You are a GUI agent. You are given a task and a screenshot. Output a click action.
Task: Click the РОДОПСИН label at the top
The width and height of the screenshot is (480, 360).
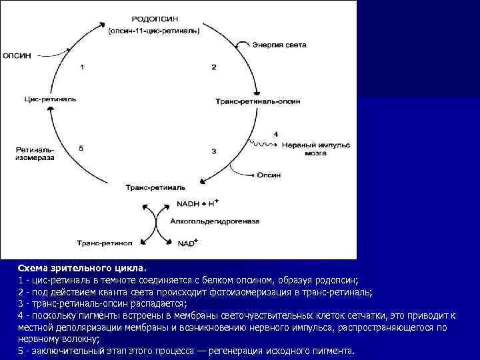[155, 20]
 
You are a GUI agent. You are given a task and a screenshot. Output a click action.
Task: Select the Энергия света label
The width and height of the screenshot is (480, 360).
[279, 45]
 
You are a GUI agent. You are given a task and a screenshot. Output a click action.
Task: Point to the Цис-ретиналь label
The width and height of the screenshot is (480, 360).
[50, 99]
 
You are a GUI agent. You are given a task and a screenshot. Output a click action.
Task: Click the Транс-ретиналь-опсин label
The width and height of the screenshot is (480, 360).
[257, 101]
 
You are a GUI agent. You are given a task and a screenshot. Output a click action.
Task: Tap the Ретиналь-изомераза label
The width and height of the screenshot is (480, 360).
[35, 154]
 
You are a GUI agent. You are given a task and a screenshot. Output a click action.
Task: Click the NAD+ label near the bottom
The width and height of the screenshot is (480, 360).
[186, 243]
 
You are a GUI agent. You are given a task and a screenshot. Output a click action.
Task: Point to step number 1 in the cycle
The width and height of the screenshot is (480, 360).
[82, 67]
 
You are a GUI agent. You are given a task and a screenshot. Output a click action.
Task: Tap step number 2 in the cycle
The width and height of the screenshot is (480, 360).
[213, 67]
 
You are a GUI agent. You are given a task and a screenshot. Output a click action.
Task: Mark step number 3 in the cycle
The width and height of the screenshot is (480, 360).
[213, 151]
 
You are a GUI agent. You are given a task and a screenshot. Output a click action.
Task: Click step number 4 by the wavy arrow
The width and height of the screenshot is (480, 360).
[275, 134]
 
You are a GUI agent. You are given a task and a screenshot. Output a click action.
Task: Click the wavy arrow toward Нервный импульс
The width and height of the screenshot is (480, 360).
[264, 144]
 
